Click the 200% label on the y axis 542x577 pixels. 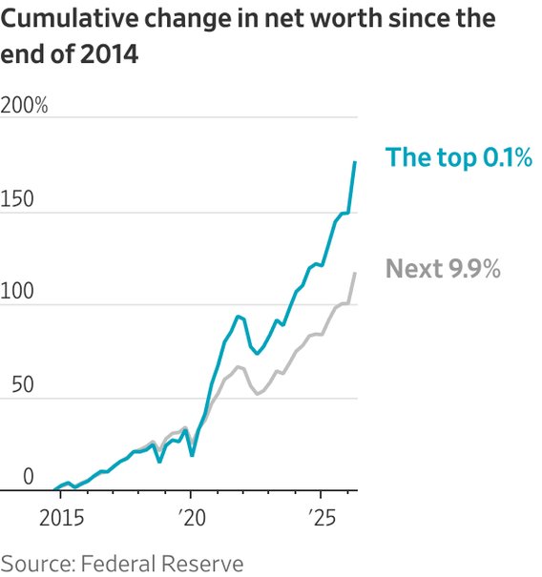pyautogui.click(x=24, y=105)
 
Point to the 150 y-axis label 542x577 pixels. pyautogui.click(x=17, y=198)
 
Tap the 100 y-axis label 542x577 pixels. pyautogui.click(x=17, y=291)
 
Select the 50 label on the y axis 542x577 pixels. pyautogui.click(x=23, y=384)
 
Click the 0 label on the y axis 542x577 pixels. pyautogui.click(x=29, y=477)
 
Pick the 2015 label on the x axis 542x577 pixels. pyautogui.click(x=61, y=518)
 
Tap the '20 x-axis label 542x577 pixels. pyautogui.click(x=192, y=518)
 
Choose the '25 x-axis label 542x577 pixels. pyautogui.click(x=323, y=518)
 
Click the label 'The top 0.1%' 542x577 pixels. pyautogui.click(x=459, y=157)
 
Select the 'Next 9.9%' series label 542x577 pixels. pyautogui.click(x=443, y=269)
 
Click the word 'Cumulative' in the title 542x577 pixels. pyautogui.click(x=69, y=18)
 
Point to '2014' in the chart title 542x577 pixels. pyautogui.click(x=109, y=53)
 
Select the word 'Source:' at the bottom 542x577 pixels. pyautogui.click(x=38, y=564)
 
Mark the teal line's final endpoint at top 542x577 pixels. pyautogui.click(x=355, y=162)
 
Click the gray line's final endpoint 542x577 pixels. pyautogui.click(x=355, y=273)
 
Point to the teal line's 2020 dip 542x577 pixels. pyautogui.click(x=192, y=456)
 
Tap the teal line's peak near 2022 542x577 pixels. pyautogui.click(x=238, y=317)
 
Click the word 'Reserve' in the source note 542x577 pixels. pyautogui.click(x=202, y=564)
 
